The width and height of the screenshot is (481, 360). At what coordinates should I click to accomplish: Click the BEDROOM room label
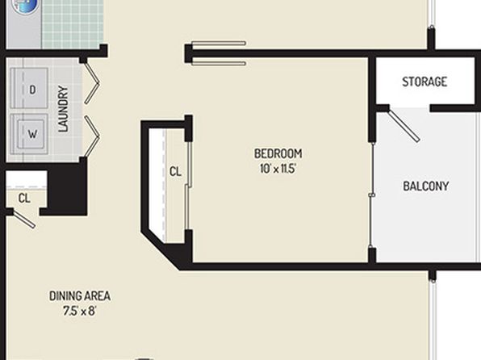[278, 153]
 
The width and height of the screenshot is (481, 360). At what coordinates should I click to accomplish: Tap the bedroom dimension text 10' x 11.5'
[278, 169]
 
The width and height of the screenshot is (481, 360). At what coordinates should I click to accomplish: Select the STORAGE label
[425, 82]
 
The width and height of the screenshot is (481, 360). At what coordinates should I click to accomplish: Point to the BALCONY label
[426, 186]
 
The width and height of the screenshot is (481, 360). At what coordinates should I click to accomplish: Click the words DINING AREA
[80, 296]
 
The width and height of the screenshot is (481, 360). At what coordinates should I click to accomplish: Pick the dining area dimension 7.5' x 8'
[80, 311]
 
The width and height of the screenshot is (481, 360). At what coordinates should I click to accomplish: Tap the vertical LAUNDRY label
[63, 109]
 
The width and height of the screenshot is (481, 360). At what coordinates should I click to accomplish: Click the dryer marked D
[29, 89]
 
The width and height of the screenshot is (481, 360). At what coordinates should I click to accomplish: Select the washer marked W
[29, 134]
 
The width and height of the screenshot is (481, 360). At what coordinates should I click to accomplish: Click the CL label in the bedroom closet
[175, 172]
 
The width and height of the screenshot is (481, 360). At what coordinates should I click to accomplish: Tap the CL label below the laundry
[24, 199]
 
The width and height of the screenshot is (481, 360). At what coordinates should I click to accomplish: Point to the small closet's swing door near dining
[24, 219]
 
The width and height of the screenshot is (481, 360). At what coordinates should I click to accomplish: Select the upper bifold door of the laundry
[92, 83]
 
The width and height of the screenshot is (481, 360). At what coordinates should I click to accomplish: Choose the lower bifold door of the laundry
[92, 136]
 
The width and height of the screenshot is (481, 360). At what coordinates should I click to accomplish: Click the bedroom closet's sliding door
[189, 186]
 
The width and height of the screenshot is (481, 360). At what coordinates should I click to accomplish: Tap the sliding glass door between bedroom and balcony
[372, 195]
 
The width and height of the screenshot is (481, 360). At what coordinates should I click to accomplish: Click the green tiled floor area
[73, 23]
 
